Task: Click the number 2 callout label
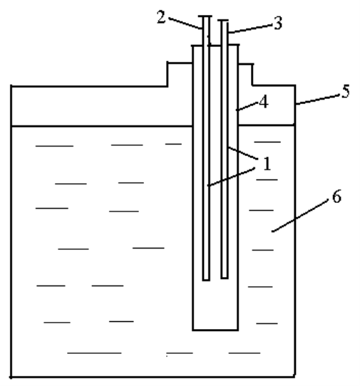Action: coord(161,18)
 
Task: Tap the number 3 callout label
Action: coord(278,24)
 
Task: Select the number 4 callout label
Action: coord(264,102)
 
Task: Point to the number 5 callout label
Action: coord(346,91)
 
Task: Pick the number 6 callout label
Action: coord(337,197)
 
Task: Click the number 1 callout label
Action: coord(267,164)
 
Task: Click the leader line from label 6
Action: coord(300,216)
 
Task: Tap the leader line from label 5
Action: coord(318,100)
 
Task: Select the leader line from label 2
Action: coord(185,24)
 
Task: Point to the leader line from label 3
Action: coord(250,28)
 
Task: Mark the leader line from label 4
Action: coord(247,106)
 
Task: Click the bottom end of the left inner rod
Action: coord(206,280)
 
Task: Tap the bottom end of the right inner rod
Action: coord(225,278)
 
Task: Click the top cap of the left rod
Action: coord(205,16)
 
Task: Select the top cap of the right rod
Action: coord(223,20)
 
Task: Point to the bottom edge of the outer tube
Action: coord(215,330)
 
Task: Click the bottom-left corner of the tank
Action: coord(11,377)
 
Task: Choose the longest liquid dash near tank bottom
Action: coord(94,353)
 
